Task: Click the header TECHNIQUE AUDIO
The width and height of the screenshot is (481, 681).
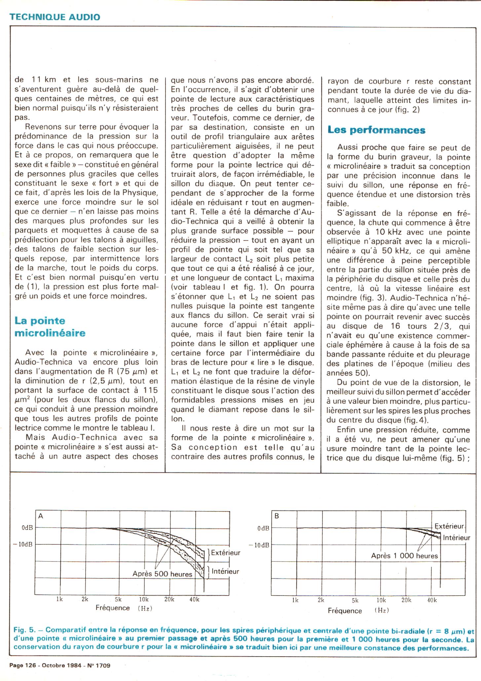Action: click(55, 17)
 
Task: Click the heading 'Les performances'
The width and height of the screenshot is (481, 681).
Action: click(376, 130)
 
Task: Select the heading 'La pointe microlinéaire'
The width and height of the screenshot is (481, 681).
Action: click(50, 327)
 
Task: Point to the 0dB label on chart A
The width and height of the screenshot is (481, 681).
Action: click(27, 528)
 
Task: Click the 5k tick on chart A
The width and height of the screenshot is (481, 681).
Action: click(118, 599)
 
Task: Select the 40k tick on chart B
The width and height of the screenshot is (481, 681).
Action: click(432, 600)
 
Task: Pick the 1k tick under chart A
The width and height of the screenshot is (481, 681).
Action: click(59, 599)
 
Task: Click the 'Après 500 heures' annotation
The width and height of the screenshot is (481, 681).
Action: click(162, 574)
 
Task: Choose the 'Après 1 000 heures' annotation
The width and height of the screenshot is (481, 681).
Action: click(404, 556)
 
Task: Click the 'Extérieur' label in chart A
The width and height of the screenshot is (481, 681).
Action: click(226, 552)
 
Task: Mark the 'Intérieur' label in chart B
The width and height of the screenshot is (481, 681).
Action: click(456, 537)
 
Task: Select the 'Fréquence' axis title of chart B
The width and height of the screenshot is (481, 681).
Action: click(345, 611)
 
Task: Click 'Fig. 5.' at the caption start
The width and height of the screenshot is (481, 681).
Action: click(24, 631)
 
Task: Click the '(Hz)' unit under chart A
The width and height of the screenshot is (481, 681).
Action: click(145, 608)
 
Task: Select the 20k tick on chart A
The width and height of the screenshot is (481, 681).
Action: click(169, 599)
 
